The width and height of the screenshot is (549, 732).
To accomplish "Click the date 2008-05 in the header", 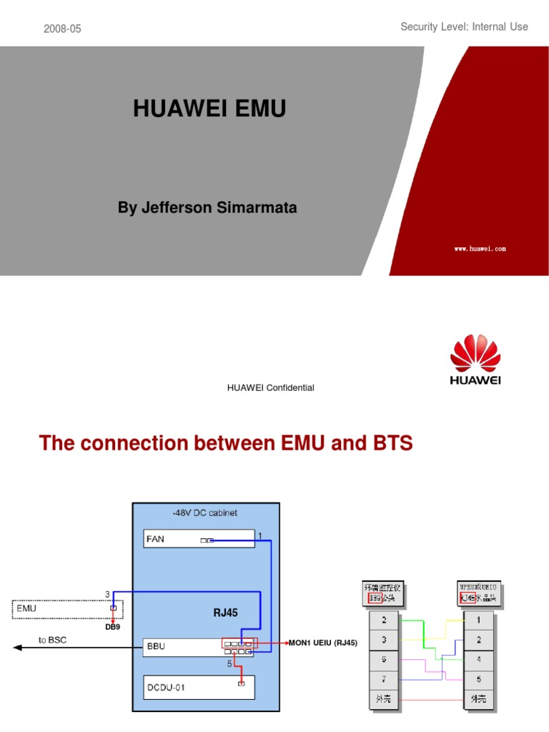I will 62,29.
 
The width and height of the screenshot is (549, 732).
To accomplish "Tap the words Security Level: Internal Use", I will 464,26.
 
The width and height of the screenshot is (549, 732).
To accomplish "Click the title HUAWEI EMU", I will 209,109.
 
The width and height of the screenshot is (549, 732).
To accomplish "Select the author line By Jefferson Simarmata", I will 207,207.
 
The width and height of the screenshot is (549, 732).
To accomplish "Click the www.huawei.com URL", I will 480,249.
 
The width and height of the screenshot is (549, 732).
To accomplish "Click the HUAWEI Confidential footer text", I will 270,387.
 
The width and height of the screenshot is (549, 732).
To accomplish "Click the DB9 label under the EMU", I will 113,627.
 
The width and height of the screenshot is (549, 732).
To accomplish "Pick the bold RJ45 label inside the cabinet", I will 225,612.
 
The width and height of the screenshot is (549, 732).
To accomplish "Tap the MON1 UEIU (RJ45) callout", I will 322,643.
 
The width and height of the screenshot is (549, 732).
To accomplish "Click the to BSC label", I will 52,640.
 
